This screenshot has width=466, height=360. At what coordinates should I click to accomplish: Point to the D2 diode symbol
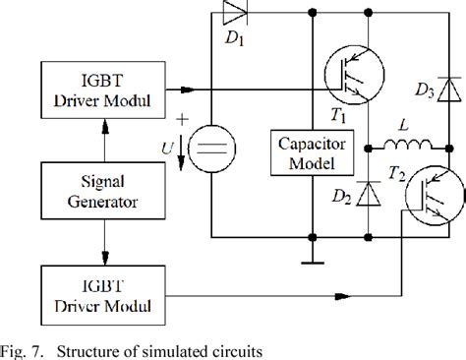click(369, 193)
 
